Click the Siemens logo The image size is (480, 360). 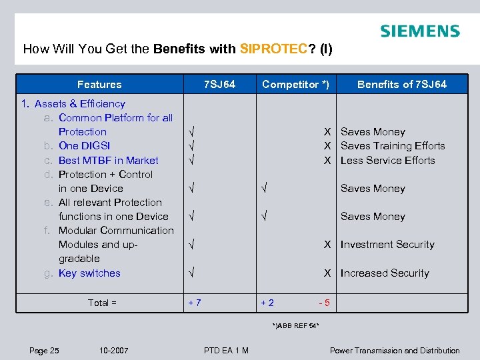coord(419,31)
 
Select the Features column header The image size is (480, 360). coord(99,84)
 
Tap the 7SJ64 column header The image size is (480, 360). coord(219,84)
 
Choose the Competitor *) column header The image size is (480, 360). coord(295,84)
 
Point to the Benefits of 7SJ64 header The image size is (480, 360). coord(402,84)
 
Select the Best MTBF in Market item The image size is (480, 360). coord(108,160)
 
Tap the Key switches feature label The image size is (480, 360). coord(89,273)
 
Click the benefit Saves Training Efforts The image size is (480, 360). coord(393,145)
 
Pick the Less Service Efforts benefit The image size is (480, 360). coord(387,160)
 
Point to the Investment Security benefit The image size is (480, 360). coord(387,245)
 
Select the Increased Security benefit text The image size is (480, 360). coord(385,273)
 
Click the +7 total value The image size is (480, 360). coord(195,303)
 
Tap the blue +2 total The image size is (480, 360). coord(267,303)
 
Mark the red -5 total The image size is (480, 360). coord(324,303)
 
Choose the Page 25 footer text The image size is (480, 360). coord(44,351)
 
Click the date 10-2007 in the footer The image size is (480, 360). coord(114,351)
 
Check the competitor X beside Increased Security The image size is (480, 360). coord(327,273)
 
